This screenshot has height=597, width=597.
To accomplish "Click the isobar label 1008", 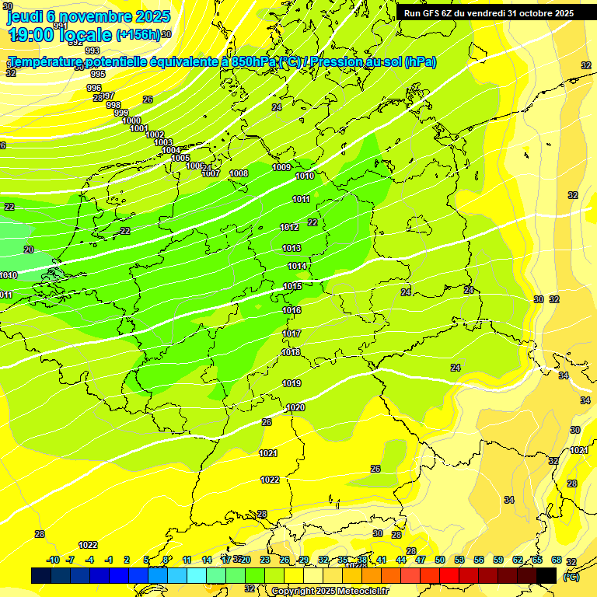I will point(239,173).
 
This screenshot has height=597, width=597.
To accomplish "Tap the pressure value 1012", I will point(290,227).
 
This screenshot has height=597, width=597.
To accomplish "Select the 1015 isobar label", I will point(292,287).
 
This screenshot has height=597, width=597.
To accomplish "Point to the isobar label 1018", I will point(291,352).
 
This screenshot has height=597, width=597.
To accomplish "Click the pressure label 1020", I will point(295,407).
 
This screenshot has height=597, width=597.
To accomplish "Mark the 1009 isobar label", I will point(281,167).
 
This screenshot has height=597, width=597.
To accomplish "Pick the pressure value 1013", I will point(292,248).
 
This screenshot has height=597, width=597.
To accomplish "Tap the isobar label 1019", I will point(292,383).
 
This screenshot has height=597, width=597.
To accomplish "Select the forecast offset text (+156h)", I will point(138,35).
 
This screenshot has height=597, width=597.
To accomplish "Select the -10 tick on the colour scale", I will point(53,560).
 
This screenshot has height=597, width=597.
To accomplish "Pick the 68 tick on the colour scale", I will point(557,560).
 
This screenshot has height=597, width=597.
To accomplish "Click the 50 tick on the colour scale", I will point(440,560).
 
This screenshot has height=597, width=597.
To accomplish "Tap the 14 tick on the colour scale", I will point(207,560).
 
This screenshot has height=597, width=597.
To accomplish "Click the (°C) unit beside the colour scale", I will point(570,576).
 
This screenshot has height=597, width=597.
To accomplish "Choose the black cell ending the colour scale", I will point(546,575).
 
